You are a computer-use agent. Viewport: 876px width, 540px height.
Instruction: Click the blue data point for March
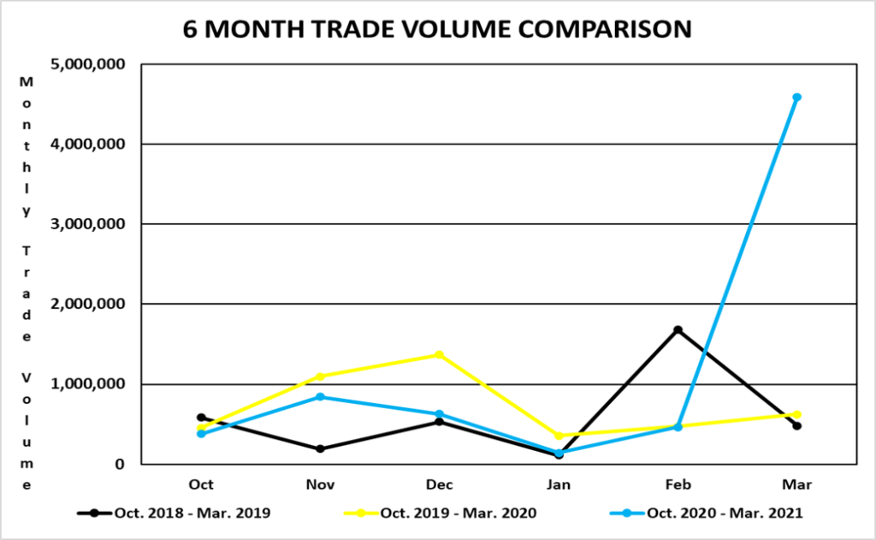pyautogui.click(x=796, y=98)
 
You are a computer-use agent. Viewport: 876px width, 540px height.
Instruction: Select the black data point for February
pyautogui.click(x=678, y=329)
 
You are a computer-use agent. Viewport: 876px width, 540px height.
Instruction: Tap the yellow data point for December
pyautogui.click(x=440, y=354)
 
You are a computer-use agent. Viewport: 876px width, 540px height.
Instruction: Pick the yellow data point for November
pyautogui.click(x=321, y=377)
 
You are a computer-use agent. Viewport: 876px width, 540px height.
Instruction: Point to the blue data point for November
pyautogui.click(x=321, y=397)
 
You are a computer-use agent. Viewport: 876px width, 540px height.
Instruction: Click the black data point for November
pyautogui.click(x=321, y=448)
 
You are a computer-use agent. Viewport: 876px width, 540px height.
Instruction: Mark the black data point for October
pyautogui.click(x=202, y=418)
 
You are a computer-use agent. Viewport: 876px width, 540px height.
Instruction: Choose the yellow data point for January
pyautogui.click(x=559, y=436)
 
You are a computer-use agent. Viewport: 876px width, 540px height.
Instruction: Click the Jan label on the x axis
pyautogui.click(x=559, y=484)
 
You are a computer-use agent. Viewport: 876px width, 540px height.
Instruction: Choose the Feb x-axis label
pyautogui.click(x=678, y=484)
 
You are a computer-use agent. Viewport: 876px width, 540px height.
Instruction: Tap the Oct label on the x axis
pyautogui.click(x=202, y=484)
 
